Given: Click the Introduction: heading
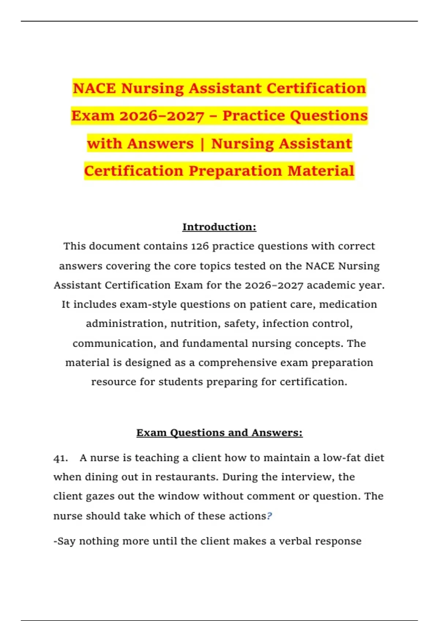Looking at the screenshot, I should coord(219,227).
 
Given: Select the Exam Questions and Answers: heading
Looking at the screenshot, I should coord(219,433).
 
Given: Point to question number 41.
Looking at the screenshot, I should coord(60,458).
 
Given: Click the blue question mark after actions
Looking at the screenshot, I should coord(270,516).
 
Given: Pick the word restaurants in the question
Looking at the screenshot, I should coord(187,477).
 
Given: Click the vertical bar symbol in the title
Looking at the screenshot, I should coord(202,144).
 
